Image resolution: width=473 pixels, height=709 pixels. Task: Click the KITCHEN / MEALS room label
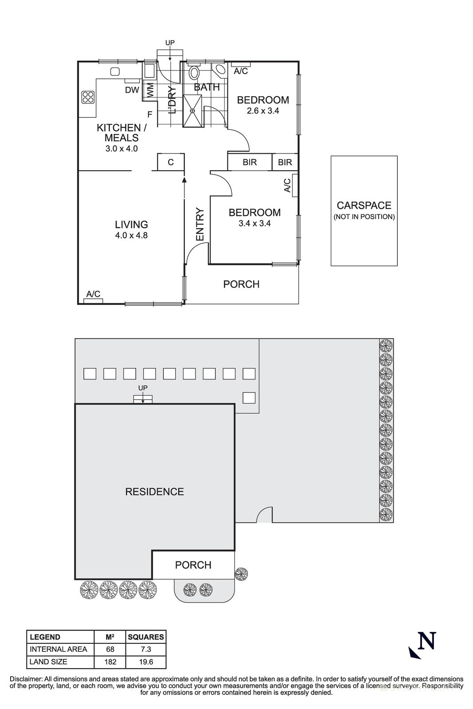121,133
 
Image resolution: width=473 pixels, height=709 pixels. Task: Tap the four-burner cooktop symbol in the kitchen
88,97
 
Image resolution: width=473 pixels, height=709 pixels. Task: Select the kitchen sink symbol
115,72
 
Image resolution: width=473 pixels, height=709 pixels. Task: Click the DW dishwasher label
132,90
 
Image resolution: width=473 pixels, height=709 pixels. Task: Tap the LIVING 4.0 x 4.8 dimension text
131,236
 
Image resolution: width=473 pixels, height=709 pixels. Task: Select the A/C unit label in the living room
93,294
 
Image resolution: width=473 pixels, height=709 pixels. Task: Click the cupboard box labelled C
171,162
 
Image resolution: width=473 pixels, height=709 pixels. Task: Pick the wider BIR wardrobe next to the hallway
250,162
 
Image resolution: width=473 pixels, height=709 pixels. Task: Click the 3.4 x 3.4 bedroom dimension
254,224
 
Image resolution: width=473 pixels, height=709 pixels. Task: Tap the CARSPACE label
364,206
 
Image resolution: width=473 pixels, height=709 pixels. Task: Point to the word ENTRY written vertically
200,225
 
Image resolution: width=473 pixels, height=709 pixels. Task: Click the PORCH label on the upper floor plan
241,284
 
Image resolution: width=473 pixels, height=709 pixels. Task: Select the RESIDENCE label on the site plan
154,492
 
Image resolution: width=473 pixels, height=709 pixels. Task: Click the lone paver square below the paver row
249,397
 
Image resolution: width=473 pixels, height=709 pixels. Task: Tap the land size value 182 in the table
110,662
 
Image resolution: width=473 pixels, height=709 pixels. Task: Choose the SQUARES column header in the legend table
146,637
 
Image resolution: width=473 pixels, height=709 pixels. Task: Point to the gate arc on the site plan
265,515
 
